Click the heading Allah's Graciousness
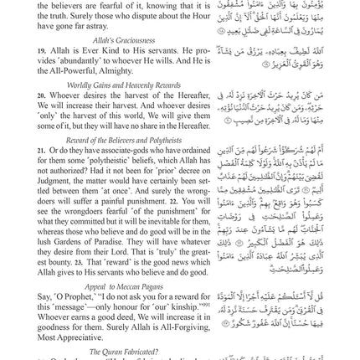pyautogui.click(x=88, y=40)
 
